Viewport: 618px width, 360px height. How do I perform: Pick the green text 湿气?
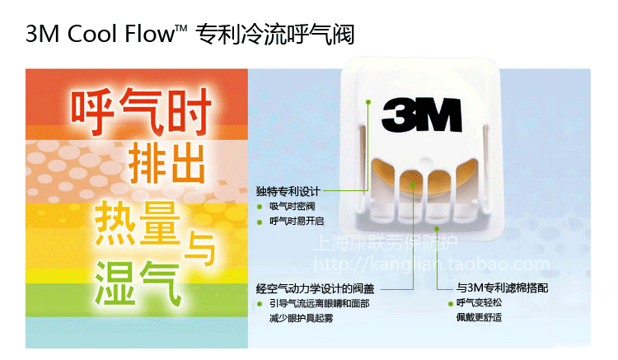tap(137, 275)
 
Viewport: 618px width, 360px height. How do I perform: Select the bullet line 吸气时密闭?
tap(293, 207)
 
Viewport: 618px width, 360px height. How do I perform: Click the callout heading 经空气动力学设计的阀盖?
tap(316, 288)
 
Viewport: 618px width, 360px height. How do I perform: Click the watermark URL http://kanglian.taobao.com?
tap(433, 264)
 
